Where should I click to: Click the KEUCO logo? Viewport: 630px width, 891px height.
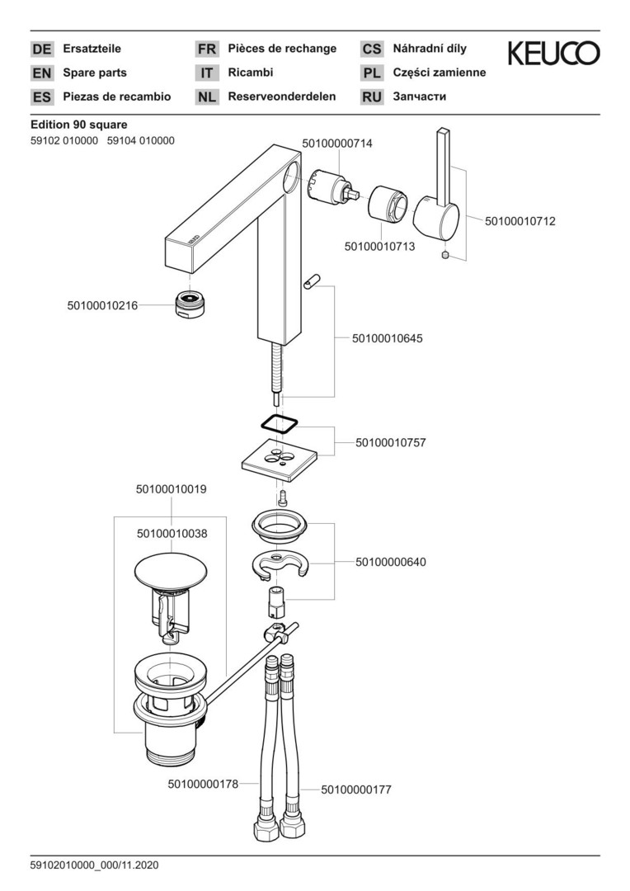(553, 54)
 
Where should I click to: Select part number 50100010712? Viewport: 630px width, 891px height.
(520, 221)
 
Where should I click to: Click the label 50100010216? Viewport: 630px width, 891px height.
(103, 306)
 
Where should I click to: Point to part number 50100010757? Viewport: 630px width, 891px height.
(391, 442)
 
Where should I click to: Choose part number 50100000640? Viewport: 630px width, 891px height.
(391, 562)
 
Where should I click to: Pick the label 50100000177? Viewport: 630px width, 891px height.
(356, 790)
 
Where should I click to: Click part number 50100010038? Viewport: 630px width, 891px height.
(172, 534)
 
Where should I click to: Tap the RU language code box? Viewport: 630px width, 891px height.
(372, 97)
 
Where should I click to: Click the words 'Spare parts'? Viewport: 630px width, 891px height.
(95, 73)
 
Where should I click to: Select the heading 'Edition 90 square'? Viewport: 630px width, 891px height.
(78, 125)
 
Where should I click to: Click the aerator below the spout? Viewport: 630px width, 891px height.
(190, 304)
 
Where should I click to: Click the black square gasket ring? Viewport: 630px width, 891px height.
(278, 422)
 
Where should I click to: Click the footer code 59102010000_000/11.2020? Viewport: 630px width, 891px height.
(94, 865)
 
